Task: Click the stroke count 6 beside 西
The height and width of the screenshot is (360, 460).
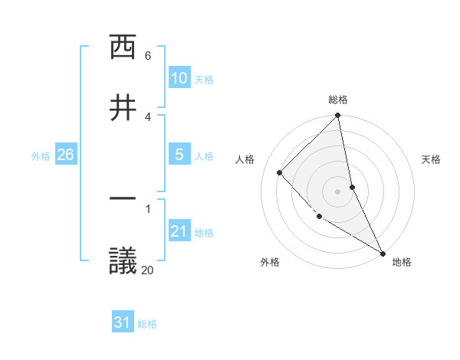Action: tap(148, 56)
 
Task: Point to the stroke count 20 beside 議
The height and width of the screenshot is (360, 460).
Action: tap(148, 270)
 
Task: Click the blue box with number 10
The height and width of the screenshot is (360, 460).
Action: tap(179, 78)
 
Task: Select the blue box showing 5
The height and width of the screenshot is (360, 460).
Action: tap(179, 155)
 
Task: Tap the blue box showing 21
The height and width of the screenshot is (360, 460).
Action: tap(179, 231)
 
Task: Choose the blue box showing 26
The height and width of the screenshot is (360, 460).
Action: tap(65, 155)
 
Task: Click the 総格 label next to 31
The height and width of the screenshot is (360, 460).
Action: tap(147, 324)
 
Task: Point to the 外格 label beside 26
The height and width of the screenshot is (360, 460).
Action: tap(41, 155)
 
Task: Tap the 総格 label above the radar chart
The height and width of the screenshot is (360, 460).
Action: tap(338, 100)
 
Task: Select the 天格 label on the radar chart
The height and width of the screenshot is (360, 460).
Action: tap(432, 159)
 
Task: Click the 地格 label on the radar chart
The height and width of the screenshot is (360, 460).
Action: tap(402, 262)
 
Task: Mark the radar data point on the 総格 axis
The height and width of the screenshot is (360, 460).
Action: tap(338, 116)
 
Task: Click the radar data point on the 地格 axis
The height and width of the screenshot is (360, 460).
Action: tap(383, 252)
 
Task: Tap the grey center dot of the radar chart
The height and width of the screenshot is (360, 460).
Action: tap(338, 191)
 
